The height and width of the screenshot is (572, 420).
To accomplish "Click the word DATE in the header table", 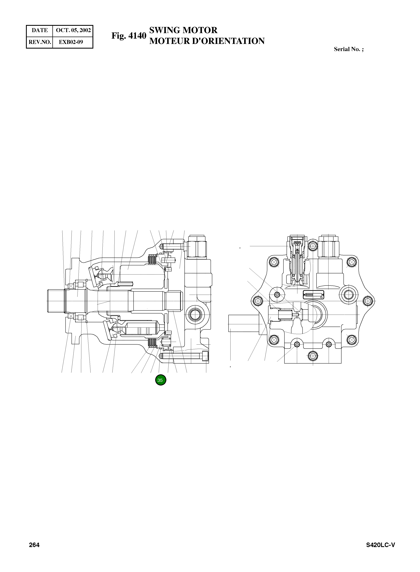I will [x=40, y=30].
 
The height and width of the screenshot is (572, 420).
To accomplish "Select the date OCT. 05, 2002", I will [x=73, y=30].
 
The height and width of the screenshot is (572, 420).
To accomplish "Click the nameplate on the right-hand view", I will [x=314, y=295].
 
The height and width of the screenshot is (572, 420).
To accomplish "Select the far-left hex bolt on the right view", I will [x=257, y=301].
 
